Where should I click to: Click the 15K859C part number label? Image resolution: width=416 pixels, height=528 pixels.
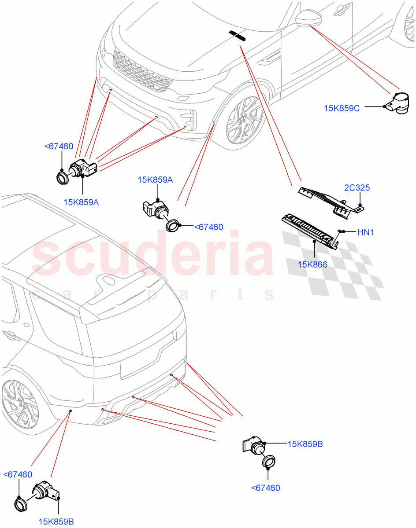pyautogui.click(x=342, y=108)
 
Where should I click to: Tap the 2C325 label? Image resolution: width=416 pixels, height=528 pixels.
pyautogui.click(x=357, y=188)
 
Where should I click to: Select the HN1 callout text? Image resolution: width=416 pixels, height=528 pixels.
pyautogui.click(x=365, y=232)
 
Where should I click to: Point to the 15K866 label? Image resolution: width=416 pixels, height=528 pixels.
pyautogui.click(x=312, y=265)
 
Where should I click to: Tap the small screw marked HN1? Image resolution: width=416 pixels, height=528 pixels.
pyautogui.click(x=341, y=231)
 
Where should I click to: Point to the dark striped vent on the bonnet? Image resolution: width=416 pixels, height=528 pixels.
pyautogui.click(x=238, y=35)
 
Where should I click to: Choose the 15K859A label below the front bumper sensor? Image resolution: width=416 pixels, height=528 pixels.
pyautogui.click(x=81, y=202)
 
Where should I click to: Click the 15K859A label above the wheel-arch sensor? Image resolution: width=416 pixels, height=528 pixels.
pyautogui.click(x=155, y=180)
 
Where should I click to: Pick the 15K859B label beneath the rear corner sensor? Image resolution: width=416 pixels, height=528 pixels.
pyautogui.click(x=56, y=522)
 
